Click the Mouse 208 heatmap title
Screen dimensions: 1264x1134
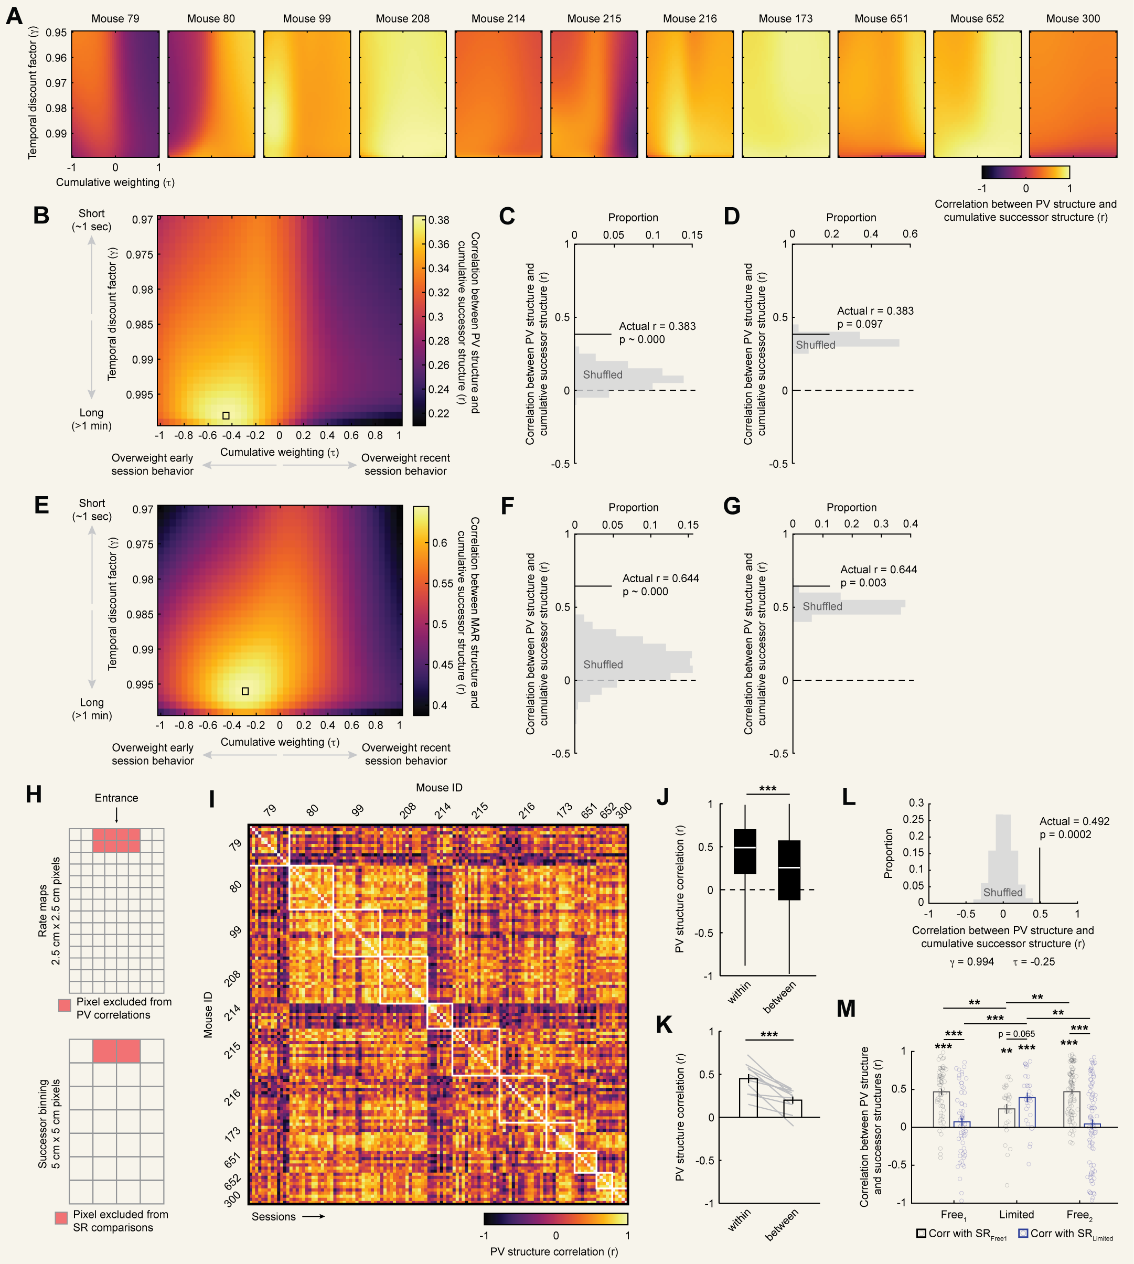(x=402, y=19)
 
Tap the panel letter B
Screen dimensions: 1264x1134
(x=41, y=216)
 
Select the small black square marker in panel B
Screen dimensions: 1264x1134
(x=226, y=415)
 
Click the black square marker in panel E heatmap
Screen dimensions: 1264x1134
(x=245, y=691)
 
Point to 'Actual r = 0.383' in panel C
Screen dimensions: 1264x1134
(x=657, y=326)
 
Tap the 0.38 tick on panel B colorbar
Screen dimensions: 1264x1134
(x=438, y=220)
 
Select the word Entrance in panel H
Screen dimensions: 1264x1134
(x=116, y=798)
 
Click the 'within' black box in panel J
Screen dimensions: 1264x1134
(x=745, y=851)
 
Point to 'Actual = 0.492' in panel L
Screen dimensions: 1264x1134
(x=1074, y=821)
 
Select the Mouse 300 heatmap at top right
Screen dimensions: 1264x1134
(x=1072, y=93)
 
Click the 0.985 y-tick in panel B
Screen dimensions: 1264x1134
(x=140, y=325)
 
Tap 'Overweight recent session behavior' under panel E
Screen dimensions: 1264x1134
(x=405, y=754)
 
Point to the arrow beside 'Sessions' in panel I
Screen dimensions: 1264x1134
(x=314, y=1216)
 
